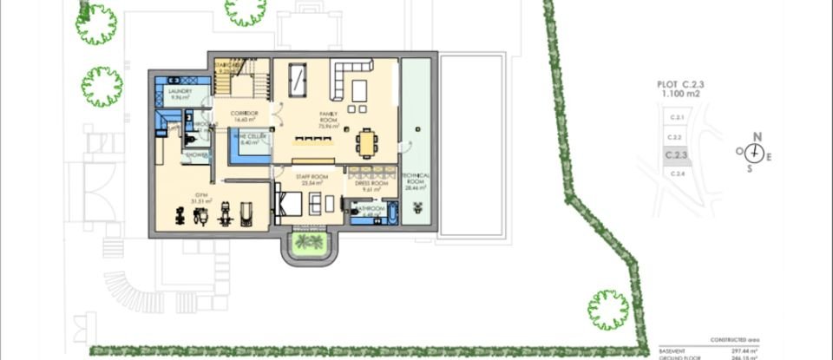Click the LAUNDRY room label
(180, 94)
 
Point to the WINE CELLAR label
(251, 138)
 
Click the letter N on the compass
(757, 136)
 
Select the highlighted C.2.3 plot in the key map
(676, 156)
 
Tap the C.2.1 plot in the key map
(676, 117)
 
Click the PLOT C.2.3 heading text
(682, 86)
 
